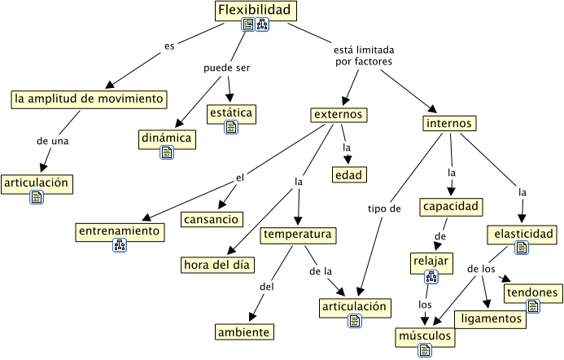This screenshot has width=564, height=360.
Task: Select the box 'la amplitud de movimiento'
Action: (x=90, y=99)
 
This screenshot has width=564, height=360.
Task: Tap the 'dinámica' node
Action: (x=167, y=138)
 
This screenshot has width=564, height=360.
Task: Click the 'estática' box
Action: (x=231, y=112)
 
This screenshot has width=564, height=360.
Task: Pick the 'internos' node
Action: (x=450, y=123)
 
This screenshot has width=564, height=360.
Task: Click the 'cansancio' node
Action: (x=211, y=219)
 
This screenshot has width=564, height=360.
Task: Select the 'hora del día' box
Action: (x=217, y=265)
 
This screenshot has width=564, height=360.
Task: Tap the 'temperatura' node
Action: (x=298, y=235)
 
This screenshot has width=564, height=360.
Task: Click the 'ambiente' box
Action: (x=244, y=331)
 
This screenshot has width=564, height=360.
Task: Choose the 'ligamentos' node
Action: (x=489, y=318)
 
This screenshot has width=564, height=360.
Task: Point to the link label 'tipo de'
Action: (x=384, y=209)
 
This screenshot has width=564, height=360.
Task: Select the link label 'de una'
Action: (x=52, y=140)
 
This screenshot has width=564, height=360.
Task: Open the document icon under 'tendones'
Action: (x=533, y=306)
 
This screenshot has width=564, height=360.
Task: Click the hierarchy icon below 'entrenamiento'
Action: (x=120, y=246)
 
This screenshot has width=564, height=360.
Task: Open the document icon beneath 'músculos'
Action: (x=424, y=350)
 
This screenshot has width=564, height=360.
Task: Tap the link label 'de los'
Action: (x=482, y=269)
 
